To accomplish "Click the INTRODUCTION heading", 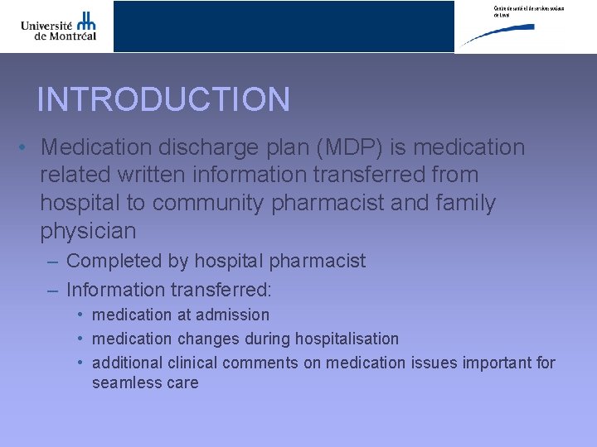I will tap(163, 99).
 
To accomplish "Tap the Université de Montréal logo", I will tap(59, 26).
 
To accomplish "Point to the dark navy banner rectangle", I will tap(284, 26).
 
